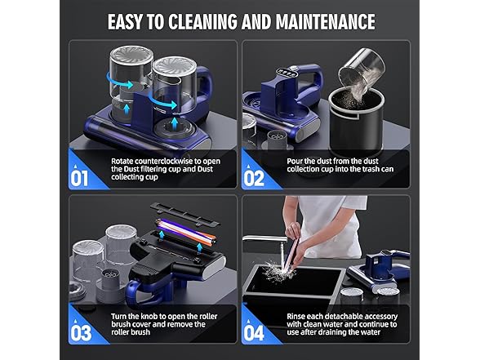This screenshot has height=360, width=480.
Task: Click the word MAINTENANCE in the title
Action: click(x=314, y=21)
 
